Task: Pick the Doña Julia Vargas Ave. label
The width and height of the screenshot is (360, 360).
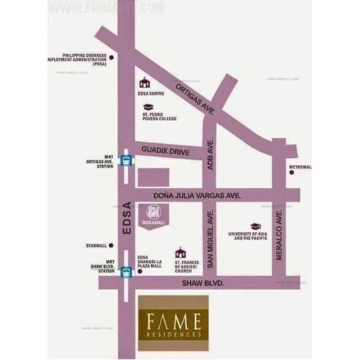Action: point(196,195)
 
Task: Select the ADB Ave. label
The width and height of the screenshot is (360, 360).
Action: point(211,150)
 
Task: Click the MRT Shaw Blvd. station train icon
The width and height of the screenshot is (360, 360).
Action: point(126,271)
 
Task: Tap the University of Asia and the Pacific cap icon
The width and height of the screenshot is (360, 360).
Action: point(255,226)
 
